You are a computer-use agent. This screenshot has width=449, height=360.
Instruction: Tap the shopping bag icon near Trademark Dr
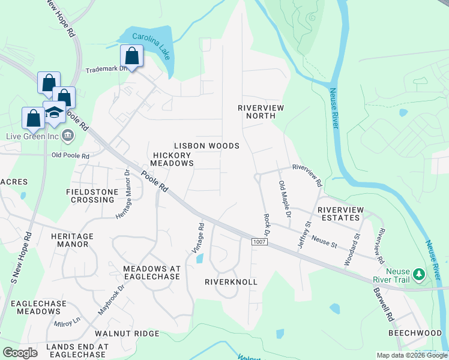131,56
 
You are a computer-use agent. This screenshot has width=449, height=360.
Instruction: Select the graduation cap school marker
55,113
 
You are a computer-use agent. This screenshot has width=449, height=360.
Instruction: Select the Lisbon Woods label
206,146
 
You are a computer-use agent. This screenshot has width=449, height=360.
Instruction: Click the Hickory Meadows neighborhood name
172,159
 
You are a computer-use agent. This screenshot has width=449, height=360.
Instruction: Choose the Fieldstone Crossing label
90,196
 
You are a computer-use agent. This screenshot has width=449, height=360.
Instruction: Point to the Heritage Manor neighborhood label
72,240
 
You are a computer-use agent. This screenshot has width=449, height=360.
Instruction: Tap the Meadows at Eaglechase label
151,272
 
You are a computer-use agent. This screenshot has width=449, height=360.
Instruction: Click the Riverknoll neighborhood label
231,281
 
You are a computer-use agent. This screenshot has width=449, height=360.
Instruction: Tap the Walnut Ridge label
127,333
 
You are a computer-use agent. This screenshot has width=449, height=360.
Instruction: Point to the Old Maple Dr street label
285,199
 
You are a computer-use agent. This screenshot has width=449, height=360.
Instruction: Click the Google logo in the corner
20,353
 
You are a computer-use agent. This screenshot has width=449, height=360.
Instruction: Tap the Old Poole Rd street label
70,156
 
